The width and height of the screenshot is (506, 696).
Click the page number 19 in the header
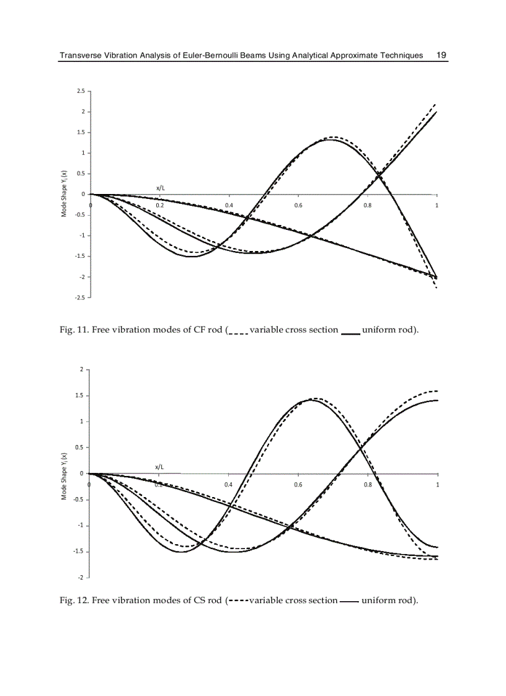point(442,55)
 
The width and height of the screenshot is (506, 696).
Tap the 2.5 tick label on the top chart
point(81,91)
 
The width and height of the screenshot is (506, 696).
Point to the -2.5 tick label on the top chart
point(81,297)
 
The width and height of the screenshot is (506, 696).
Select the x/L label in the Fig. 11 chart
point(161,187)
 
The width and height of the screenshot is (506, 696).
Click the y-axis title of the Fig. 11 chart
point(64,194)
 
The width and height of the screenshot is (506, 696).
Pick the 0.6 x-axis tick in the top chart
point(298,205)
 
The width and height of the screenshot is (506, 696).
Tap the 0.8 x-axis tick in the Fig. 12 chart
point(368,485)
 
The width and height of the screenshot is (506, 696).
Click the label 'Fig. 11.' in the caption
point(74,329)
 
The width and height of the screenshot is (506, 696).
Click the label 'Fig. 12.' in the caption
point(74,600)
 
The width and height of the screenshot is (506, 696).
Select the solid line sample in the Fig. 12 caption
point(349,601)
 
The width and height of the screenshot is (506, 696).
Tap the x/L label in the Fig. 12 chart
point(161,466)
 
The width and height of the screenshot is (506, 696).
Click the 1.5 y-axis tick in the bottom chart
point(81,395)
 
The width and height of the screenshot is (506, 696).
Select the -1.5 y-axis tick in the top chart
point(81,256)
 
